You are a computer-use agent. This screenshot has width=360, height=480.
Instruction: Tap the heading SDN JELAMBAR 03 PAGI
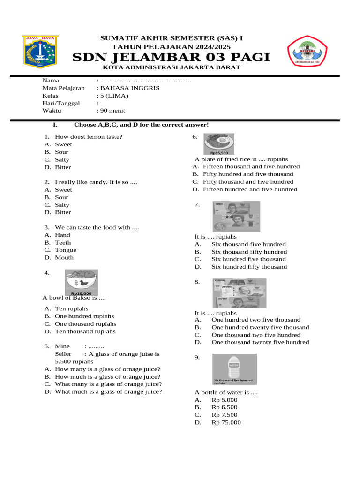[x=171, y=57]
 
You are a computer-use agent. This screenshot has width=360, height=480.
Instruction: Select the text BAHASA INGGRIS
[x=128, y=88]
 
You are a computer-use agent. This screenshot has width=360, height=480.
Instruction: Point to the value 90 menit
[x=112, y=111]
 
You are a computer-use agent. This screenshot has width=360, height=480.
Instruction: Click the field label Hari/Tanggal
[x=61, y=103]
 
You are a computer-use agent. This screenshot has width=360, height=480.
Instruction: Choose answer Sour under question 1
[x=61, y=152]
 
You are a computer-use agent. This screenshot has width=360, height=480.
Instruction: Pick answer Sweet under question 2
[x=63, y=190]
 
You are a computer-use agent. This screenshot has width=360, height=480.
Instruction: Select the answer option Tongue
[x=66, y=250]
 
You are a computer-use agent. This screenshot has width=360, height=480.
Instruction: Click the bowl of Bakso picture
[x=81, y=283]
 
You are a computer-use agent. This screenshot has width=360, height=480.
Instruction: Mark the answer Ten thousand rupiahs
[x=85, y=331]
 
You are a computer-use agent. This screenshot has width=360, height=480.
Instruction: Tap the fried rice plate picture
[x=219, y=144]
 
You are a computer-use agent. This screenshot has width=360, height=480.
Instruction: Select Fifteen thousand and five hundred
[x=251, y=166]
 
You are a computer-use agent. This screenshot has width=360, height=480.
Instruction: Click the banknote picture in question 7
[x=237, y=217]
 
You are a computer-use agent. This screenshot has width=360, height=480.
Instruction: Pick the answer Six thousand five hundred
[x=248, y=244]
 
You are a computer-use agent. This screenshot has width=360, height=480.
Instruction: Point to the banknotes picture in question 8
[x=240, y=293]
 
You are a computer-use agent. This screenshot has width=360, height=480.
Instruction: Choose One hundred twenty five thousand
[x=260, y=327]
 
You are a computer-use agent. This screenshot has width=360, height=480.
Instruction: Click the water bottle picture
[x=234, y=369]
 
